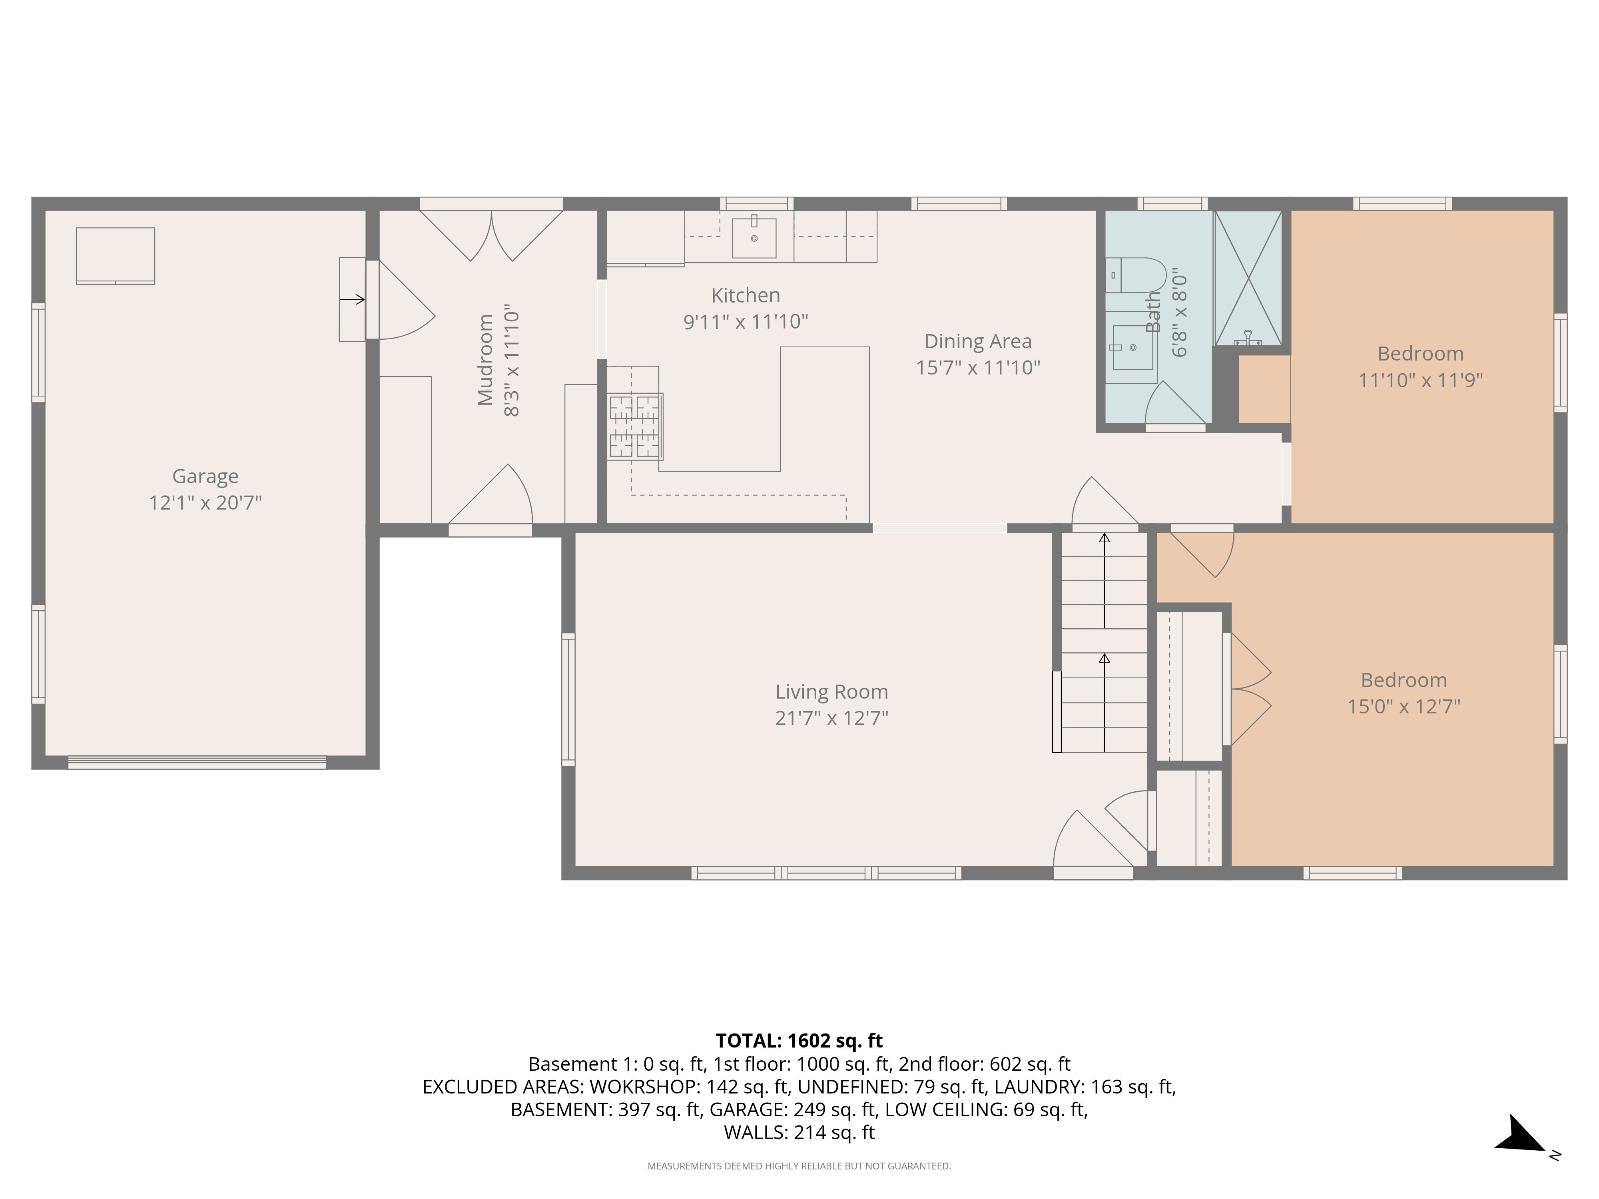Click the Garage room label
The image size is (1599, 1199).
205,476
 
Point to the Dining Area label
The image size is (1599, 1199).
978,341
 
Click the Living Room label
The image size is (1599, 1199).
832,692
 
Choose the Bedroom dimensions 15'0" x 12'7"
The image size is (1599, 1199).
1404,706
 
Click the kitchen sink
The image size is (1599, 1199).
754,236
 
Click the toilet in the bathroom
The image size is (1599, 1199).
1136,275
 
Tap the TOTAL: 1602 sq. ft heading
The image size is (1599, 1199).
799,1041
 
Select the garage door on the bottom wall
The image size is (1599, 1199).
197,763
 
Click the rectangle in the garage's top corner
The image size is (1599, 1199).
116,256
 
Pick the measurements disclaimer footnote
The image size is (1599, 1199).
799,1166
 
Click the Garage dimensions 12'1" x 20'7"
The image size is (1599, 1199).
205,502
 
